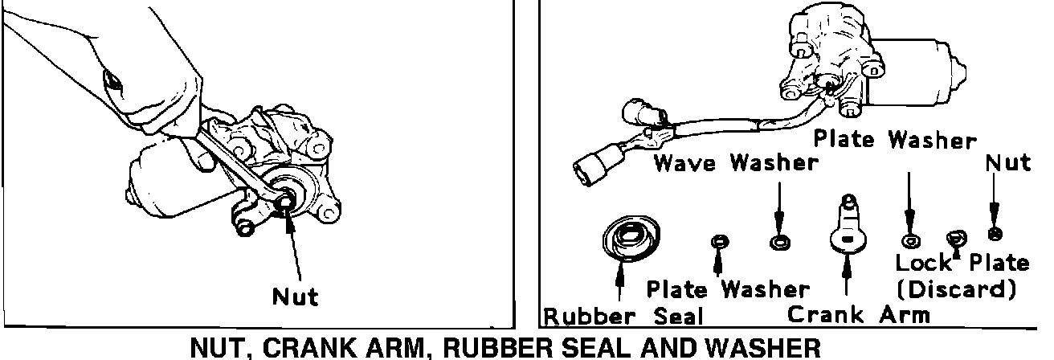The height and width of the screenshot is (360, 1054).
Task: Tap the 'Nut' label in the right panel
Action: click(x=1007, y=163)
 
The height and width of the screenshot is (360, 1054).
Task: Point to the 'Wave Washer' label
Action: click(x=735, y=163)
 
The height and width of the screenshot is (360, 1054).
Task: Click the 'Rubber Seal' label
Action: click(x=623, y=316)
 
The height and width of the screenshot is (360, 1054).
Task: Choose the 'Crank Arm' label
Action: click(x=857, y=313)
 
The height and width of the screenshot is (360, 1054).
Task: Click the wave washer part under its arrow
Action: click(x=778, y=242)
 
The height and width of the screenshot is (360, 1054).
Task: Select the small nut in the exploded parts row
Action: click(x=994, y=234)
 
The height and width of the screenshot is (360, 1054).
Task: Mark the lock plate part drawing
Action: click(x=956, y=238)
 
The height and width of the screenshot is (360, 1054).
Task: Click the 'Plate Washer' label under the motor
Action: click(x=894, y=139)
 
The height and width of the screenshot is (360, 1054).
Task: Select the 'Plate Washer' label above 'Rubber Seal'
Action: click(x=728, y=288)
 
